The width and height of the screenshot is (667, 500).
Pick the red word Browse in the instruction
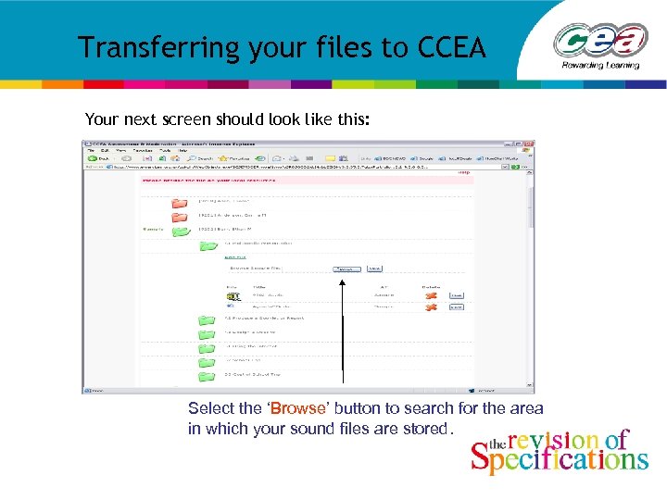click(297, 408)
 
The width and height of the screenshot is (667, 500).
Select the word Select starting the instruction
click(210, 408)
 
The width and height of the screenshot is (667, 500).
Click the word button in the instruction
click(354, 408)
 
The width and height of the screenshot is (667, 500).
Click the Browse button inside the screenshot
click(346, 269)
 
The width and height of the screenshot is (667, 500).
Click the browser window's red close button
click(529, 145)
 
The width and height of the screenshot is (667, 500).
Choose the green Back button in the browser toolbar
click(93, 158)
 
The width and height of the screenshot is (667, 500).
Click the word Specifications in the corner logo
click(559, 458)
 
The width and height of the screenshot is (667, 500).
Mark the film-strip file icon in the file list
click(232, 296)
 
